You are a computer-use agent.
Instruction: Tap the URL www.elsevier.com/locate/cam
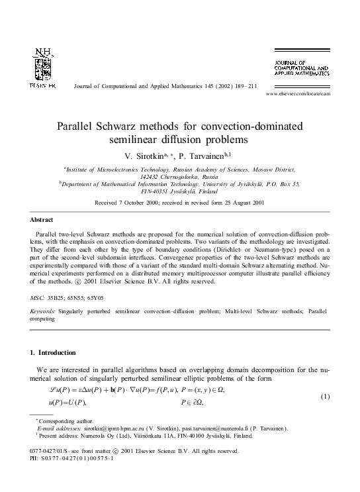click(x=306, y=95)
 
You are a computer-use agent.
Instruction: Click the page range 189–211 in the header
click(x=242, y=86)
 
